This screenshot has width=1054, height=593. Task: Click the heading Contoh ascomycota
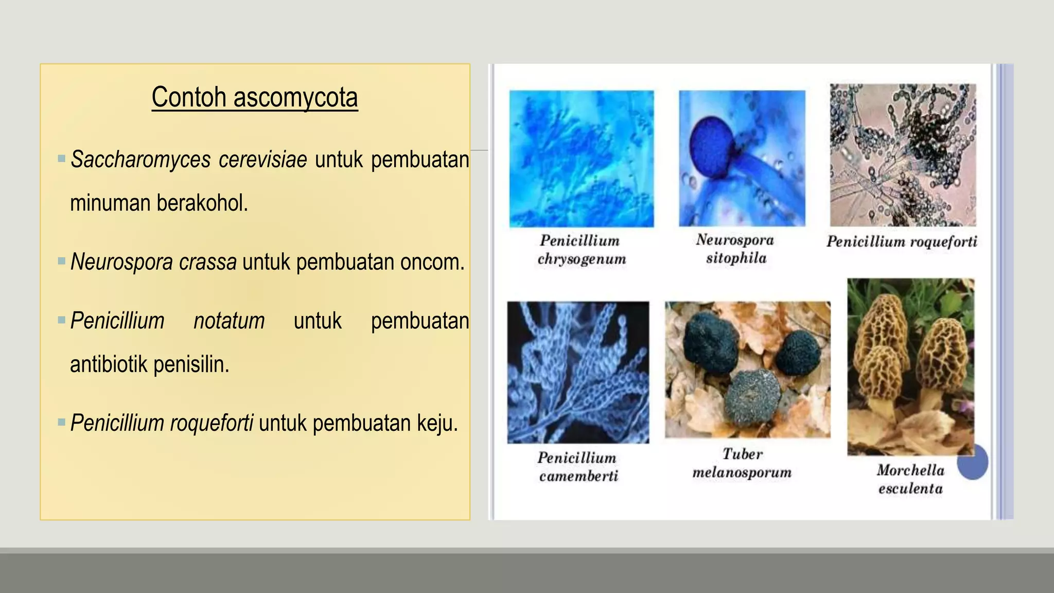click(254, 97)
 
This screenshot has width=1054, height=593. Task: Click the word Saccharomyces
click(140, 160)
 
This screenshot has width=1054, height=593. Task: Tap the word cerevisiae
click(262, 160)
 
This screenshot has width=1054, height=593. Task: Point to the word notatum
click(229, 321)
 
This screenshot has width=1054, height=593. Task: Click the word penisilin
click(191, 364)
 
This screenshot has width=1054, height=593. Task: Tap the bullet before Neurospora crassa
click(62, 261)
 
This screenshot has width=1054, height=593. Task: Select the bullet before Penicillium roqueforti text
click(62, 423)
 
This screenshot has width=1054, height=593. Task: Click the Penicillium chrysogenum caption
click(581, 250)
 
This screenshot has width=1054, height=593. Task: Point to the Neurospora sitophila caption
click(735, 249)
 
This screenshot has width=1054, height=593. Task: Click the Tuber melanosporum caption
click(742, 463)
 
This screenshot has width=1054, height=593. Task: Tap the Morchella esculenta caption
click(910, 479)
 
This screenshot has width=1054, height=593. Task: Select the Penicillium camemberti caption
click(578, 466)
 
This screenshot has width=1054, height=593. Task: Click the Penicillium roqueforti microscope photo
click(903, 155)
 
